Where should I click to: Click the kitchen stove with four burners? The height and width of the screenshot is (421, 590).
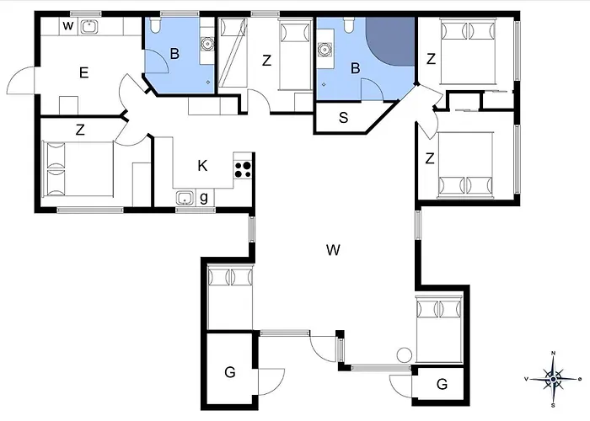pyautogui.click(x=243, y=169)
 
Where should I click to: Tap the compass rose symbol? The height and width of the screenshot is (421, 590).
pyautogui.click(x=553, y=379)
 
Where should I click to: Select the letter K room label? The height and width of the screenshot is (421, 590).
pyautogui.click(x=202, y=165)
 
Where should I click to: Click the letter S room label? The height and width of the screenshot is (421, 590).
pyautogui.click(x=343, y=118)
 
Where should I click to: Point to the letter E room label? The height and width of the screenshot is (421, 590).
pyautogui.click(x=84, y=72)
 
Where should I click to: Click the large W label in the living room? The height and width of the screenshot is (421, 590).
pyautogui.click(x=334, y=249)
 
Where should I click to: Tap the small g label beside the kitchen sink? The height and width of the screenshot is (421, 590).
pyautogui.click(x=204, y=198)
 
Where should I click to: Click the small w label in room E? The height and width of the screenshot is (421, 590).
pyautogui.click(x=67, y=26)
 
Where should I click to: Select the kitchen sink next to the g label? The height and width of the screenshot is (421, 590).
pyautogui.click(x=185, y=198)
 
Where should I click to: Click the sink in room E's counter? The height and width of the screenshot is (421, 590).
pyautogui.click(x=89, y=27)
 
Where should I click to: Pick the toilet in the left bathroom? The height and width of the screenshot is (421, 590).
pyautogui.click(x=155, y=24)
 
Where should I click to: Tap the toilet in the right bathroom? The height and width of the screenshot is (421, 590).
pyautogui.click(x=348, y=24)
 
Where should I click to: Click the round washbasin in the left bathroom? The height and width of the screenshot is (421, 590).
pyautogui.click(x=207, y=44)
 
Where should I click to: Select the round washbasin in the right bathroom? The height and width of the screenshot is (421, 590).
pyautogui.click(x=324, y=50)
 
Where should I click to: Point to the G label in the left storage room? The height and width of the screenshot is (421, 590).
pyautogui.click(x=230, y=372)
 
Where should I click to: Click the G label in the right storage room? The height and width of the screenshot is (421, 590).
pyautogui.click(x=442, y=384)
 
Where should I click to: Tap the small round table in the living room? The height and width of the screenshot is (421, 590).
pyautogui.click(x=405, y=355)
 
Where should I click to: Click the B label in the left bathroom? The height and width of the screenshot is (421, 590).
pyautogui.click(x=174, y=54)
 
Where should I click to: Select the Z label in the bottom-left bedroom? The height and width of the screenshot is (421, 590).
pyautogui.click(x=80, y=130)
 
